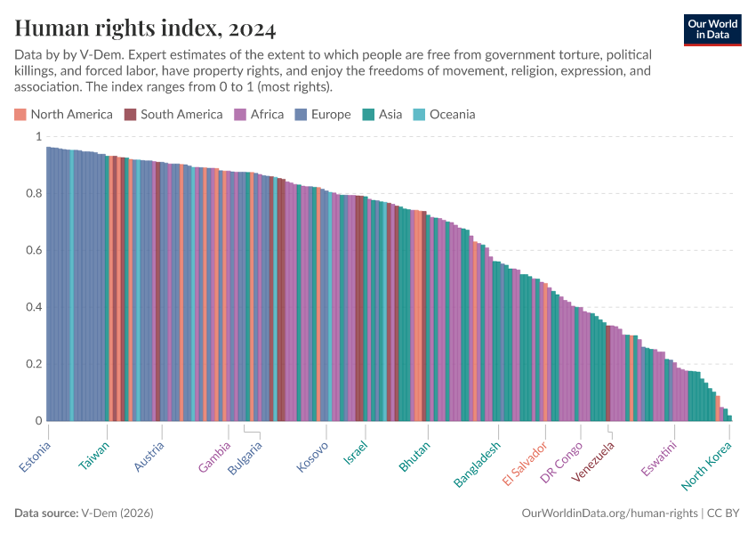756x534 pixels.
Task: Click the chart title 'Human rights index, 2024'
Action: click(145, 28)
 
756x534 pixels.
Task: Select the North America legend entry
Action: click(63, 114)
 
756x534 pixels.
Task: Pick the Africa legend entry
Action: click(259, 114)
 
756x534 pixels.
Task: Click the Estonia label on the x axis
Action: click(35, 457)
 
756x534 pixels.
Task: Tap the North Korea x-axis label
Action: click(707, 465)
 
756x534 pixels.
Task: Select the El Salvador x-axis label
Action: click(524, 464)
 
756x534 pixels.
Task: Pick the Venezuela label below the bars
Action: click(592, 461)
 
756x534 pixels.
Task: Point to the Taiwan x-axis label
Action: click(94, 455)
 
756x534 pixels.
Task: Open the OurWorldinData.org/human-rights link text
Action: click(609, 514)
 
